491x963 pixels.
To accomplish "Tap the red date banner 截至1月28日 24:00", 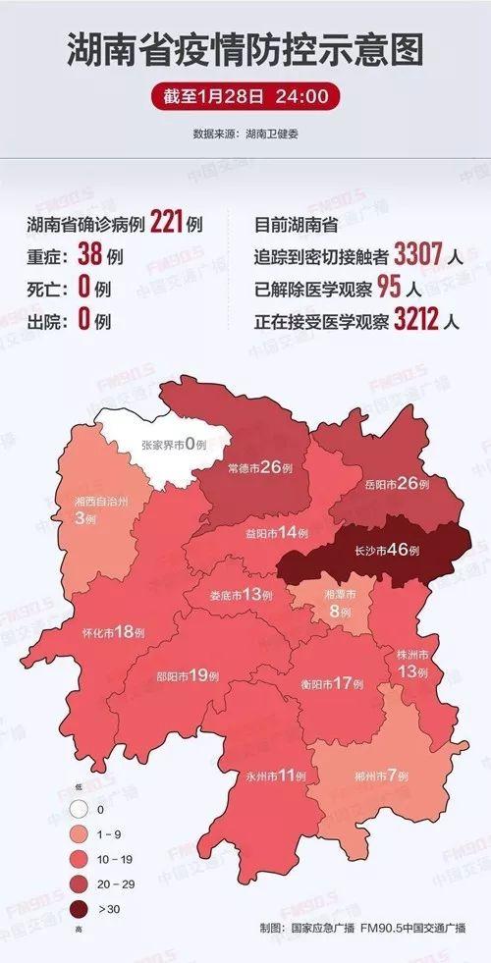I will coord(245,97).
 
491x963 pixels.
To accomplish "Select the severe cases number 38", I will coord(89,256).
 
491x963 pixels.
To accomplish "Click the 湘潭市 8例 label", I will coord(341,603).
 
